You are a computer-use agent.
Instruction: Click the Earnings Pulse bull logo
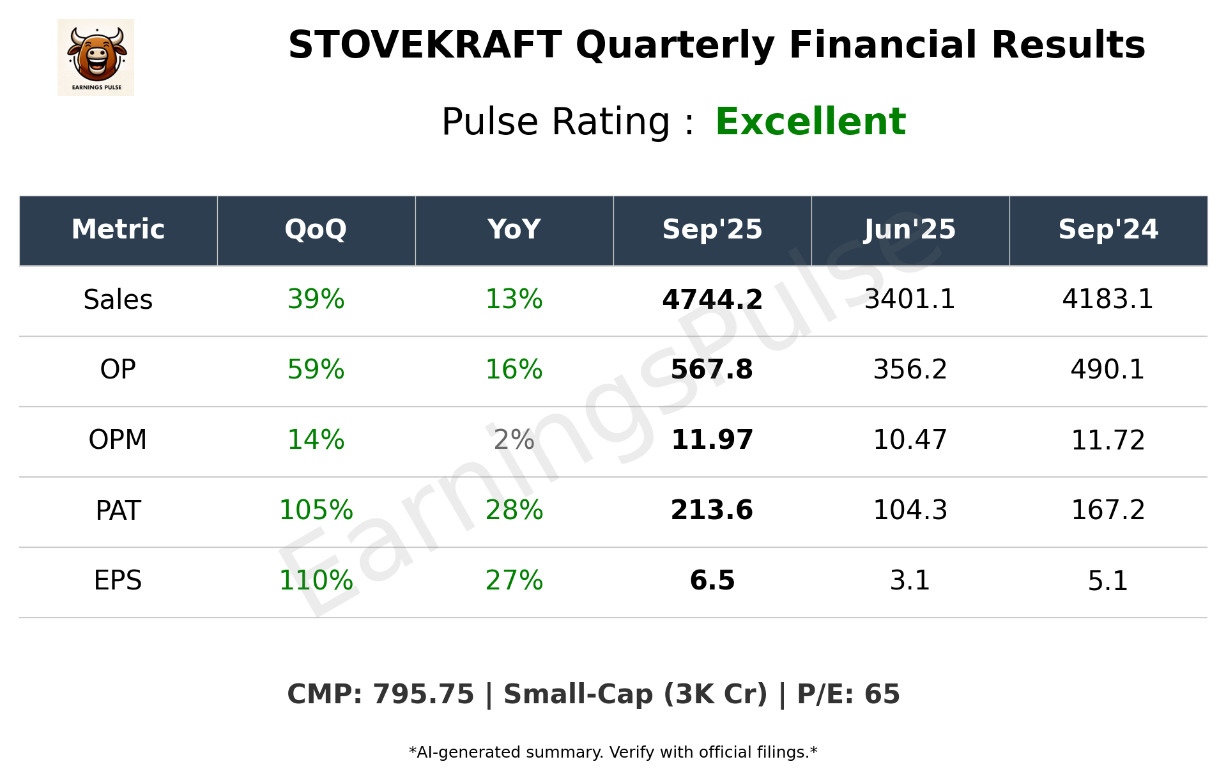(x=96, y=57)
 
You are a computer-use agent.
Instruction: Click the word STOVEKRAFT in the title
(x=425, y=45)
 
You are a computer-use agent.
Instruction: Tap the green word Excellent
(x=810, y=121)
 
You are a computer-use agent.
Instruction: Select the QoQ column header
(x=316, y=230)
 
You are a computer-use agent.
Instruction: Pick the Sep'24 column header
(x=1108, y=230)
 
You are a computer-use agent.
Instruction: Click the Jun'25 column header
(x=910, y=230)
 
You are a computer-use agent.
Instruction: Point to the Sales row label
(x=118, y=300)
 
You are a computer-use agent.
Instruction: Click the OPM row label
(x=118, y=440)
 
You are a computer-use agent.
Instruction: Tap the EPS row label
(x=118, y=581)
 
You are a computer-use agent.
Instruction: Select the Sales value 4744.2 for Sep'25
(x=712, y=300)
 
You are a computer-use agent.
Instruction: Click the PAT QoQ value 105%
(x=316, y=510)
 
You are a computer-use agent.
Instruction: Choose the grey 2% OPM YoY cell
(x=514, y=440)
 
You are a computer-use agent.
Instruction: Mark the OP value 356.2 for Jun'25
(x=910, y=370)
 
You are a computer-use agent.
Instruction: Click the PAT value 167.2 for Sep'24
(x=1108, y=510)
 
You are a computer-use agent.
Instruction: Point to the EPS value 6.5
(x=712, y=581)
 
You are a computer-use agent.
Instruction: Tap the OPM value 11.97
(x=712, y=440)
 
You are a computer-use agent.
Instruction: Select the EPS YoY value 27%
(x=514, y=581)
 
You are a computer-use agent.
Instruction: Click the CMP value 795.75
(x=423, y=694)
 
